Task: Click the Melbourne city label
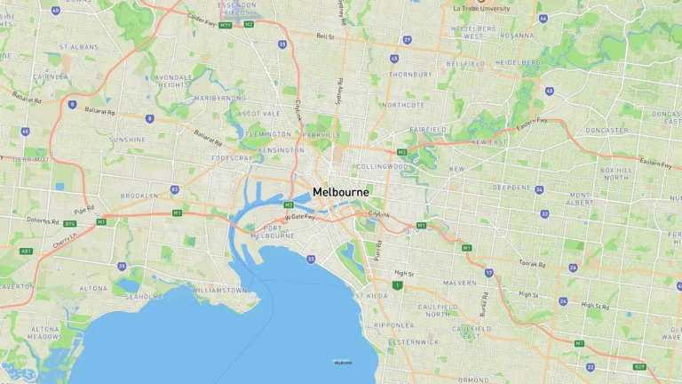(x=341, y=192)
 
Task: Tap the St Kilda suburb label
(x=371, y=295)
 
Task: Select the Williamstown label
(x=218, y=290)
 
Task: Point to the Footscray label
(x=231, y=159)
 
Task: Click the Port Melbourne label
(x=273, y=232)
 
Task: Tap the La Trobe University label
(x=482, y=8)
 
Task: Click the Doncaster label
(x=607, y=130)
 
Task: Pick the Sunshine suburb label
(x=127, y=140)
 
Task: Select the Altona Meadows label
(x=45, y=332)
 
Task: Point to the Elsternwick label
(x=413, y=341)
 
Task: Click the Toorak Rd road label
(x=533, y=264)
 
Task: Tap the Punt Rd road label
(x=377, y=248)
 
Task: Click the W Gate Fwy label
(x=300, y=217)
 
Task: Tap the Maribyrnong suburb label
(x=214, y=98)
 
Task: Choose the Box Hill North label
(x=616, y=172)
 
